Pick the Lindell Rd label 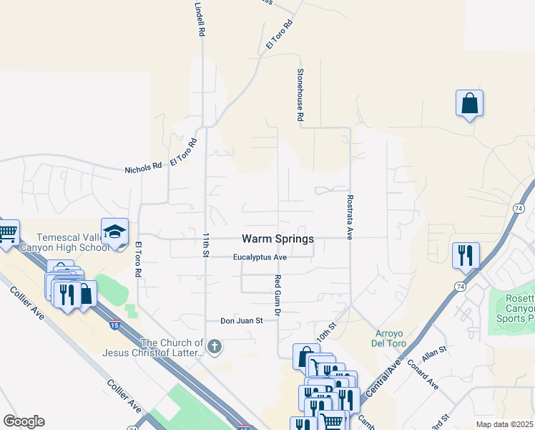click(200, 19)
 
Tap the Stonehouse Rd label click(301, 95)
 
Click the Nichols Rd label click(143, 169)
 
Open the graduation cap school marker click(114, 231)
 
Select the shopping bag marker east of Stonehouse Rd click(469, 103)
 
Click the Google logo click(23, 421)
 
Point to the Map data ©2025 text click(504, 424)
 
